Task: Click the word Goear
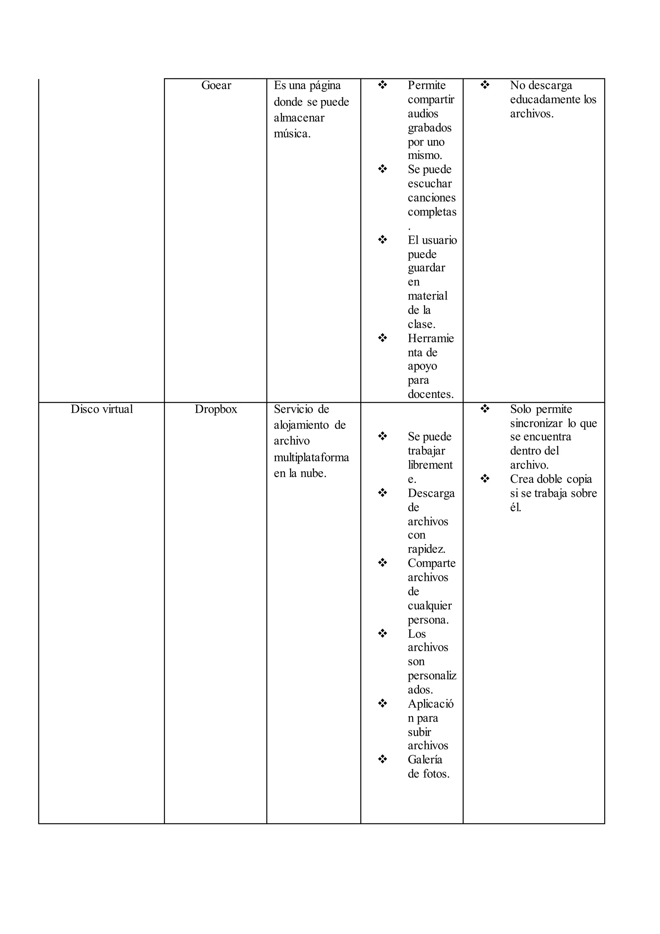point(216,85)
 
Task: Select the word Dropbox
point(216,409)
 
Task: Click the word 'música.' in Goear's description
point(292,134)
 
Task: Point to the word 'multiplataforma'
point(311,457)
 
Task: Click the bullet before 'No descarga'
point(484,85)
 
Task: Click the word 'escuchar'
point(430,184)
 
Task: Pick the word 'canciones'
point(432,198)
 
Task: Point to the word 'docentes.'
point(430,394)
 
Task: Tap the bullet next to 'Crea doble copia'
point(484,479)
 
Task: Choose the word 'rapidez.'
point(426,549)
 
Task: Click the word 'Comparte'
point(432,563)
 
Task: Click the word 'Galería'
point(425,760)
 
